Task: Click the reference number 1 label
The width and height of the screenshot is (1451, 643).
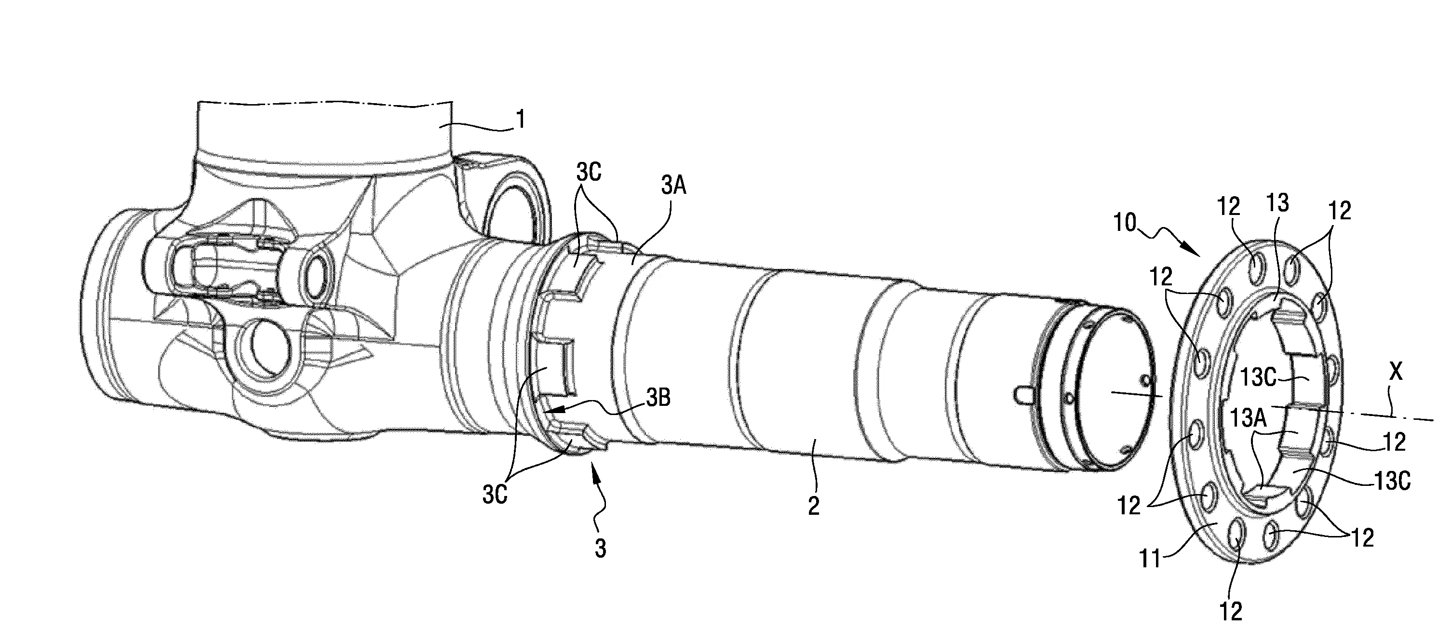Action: [x=522, y=120]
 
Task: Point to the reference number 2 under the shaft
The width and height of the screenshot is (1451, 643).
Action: [x=813, y=505]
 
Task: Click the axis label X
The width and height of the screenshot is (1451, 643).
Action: [x=1396, y=372]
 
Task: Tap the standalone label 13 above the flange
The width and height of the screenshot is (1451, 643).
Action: [x=1277, y=203]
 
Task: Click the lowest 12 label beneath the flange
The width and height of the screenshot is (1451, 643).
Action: [x=1231, y=610]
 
